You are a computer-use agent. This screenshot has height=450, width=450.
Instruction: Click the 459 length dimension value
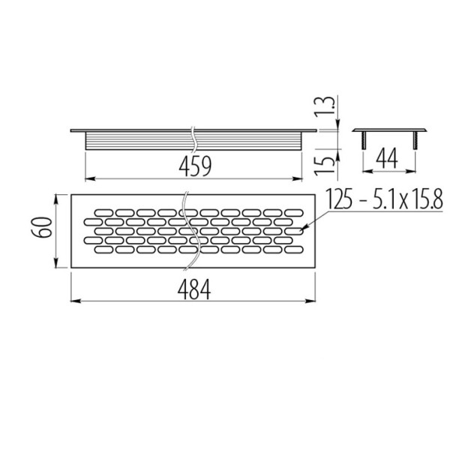point(195,166)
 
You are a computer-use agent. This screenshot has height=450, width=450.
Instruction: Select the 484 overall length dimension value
point(194,289)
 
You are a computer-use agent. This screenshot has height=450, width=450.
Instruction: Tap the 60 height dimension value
point(42,227)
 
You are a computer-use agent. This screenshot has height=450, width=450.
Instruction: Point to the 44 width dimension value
point(387,158)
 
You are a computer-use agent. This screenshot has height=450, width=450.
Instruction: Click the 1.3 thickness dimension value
point(325,106)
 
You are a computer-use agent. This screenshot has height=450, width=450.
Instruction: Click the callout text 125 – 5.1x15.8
point(385,199)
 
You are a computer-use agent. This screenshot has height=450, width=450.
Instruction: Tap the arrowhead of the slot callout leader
point(303,229)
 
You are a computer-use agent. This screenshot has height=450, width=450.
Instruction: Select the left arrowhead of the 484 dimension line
point(75,301)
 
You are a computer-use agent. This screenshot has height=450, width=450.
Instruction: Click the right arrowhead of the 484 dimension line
point(311,301)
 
